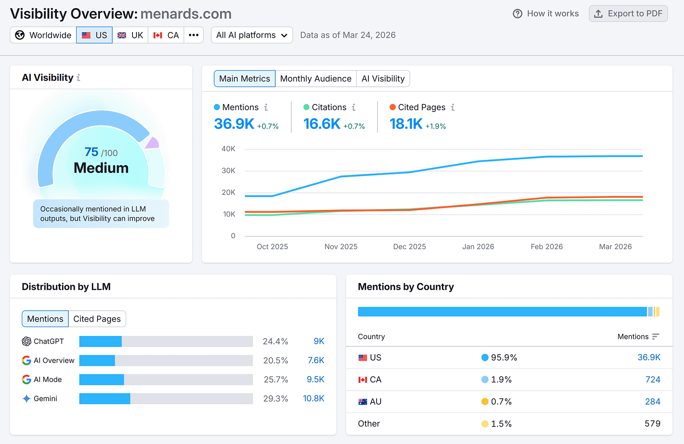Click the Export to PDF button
point(628,14)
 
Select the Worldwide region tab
point(43,35)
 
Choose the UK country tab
point(130,35)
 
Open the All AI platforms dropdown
point(252,35)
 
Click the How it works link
point(546,14)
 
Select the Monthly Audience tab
point(315,79)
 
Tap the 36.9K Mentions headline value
point(234,124)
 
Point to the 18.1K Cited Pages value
point(406,124)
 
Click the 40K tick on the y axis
point(228,149)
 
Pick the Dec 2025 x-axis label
point(409,247)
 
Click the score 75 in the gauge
point(91,152)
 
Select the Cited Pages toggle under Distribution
point(97,319)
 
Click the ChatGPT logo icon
point(27,341)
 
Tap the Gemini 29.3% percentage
point(275,399)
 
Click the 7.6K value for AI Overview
point(316,360)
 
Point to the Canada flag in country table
point(363,380)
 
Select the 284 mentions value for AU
point(652,402)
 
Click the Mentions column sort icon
point(656,337)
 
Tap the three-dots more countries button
point(194,35)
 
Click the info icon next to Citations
point(354,107)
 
